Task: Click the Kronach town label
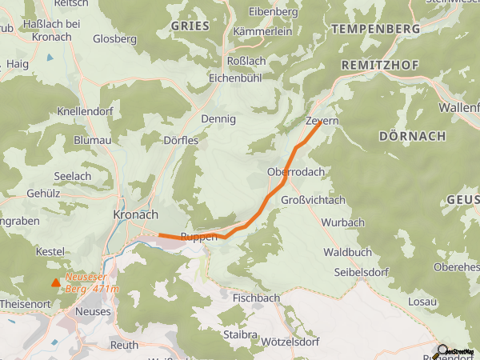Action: pos(136,215)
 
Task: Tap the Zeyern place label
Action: pos(322,121)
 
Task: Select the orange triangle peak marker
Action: pos(55,282)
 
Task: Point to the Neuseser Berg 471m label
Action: pos(91,283)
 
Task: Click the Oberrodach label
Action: pos(295,172)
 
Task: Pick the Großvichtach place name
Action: pos(314,199)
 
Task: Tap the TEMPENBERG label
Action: pos(375,29)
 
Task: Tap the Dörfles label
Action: pos(180,139)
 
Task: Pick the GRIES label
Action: pos(190,26)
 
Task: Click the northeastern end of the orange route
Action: pos(320,122)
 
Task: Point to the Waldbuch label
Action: pos(347,251)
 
